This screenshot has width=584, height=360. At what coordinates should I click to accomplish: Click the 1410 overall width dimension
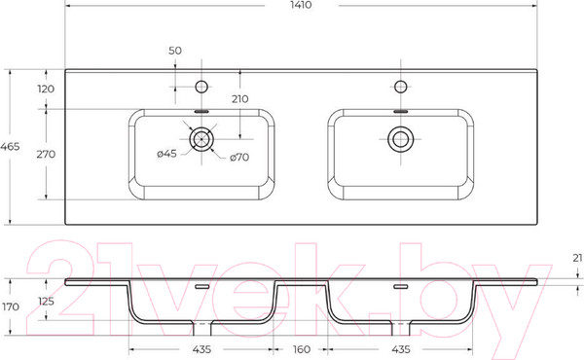301,5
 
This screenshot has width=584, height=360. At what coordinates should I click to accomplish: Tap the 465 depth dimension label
10,147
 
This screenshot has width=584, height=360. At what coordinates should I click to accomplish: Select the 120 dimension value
46,89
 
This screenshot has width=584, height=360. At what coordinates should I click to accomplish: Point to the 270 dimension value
46,154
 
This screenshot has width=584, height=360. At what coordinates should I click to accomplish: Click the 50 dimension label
175,51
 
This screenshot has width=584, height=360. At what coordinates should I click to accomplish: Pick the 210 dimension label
239,99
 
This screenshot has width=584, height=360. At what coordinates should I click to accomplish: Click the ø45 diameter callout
166,154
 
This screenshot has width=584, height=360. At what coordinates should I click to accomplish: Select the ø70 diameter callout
239,158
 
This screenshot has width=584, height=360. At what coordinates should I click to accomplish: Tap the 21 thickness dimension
577,258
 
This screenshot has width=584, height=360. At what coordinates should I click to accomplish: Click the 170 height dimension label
11,307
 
